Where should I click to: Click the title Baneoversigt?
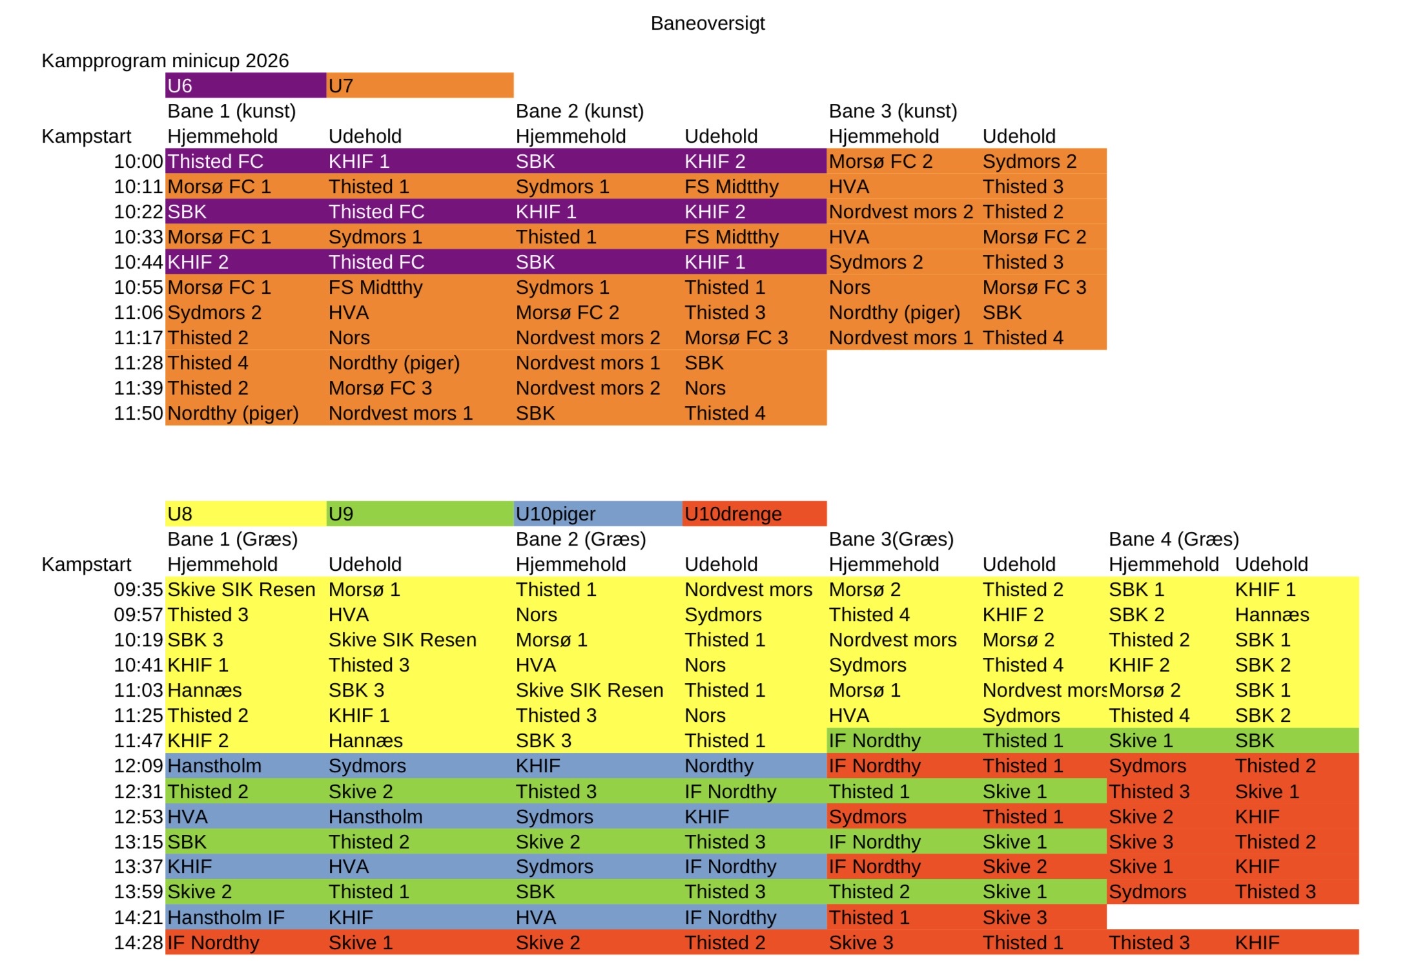[707, 23]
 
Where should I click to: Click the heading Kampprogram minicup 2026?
[165, 61]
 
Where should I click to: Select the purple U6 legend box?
[245, 85]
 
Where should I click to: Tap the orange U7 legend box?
[419, 85]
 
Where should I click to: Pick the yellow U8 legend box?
[245, 514]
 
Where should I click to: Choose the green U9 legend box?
[419, 514]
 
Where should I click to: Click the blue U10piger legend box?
[597, 514]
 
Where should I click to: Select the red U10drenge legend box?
[754, 514]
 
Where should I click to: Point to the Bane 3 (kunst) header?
[892, 111]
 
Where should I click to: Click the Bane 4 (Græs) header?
[1173, 539]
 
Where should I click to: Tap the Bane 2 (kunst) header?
[579, 111]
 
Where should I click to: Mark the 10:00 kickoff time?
[138, 161]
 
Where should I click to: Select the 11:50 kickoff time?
[138, 413]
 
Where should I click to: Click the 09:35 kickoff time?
[138, 590]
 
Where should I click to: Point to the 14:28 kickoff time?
[138, 943]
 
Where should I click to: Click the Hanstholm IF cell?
[225, 918]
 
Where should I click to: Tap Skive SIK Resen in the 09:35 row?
[241, 590]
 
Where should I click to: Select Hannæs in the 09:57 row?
[1271, 615]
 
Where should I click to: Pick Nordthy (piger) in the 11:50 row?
[232, 413]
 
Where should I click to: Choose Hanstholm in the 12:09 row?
[214, 766]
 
